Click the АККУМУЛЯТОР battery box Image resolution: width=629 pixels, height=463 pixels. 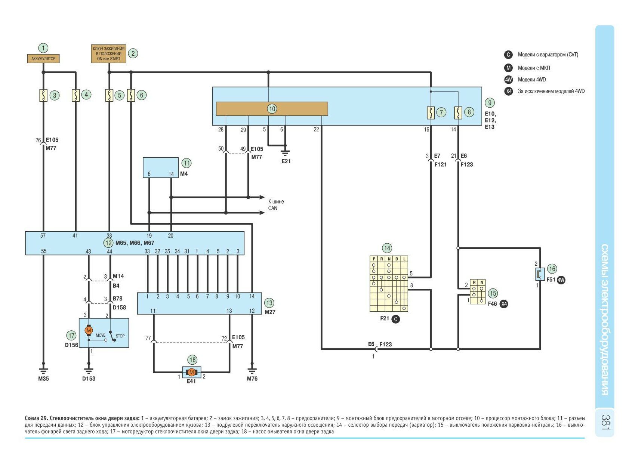coord(43,59)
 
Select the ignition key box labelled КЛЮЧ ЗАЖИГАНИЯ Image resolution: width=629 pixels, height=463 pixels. coord(108,54)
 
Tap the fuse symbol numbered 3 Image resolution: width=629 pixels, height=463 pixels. coord(43,95)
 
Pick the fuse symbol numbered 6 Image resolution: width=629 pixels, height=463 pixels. coord(131,95)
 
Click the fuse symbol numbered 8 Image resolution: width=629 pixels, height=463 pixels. coord(458,112)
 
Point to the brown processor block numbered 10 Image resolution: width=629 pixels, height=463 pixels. coord(272,109)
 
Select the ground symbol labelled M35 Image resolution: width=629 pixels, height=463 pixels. coord(43,370)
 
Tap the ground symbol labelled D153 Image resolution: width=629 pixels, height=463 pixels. coord(89,370)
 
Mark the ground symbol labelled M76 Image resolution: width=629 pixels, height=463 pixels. coord(252,370)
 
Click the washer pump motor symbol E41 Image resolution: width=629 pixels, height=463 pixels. coord(191,372)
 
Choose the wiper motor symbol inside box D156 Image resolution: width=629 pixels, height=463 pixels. coord(89,330)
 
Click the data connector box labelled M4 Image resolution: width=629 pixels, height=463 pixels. coord(160,167)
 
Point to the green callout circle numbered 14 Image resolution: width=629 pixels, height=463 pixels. coord(387,248)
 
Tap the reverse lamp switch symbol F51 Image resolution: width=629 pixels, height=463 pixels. coord(539,274)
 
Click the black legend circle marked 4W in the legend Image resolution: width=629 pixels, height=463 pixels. coord(509,80)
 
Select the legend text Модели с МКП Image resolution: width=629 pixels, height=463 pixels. coord(534,68)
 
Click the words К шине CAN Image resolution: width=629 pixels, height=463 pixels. coord(276,205)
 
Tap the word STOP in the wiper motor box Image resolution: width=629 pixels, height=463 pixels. coord(120,336)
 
